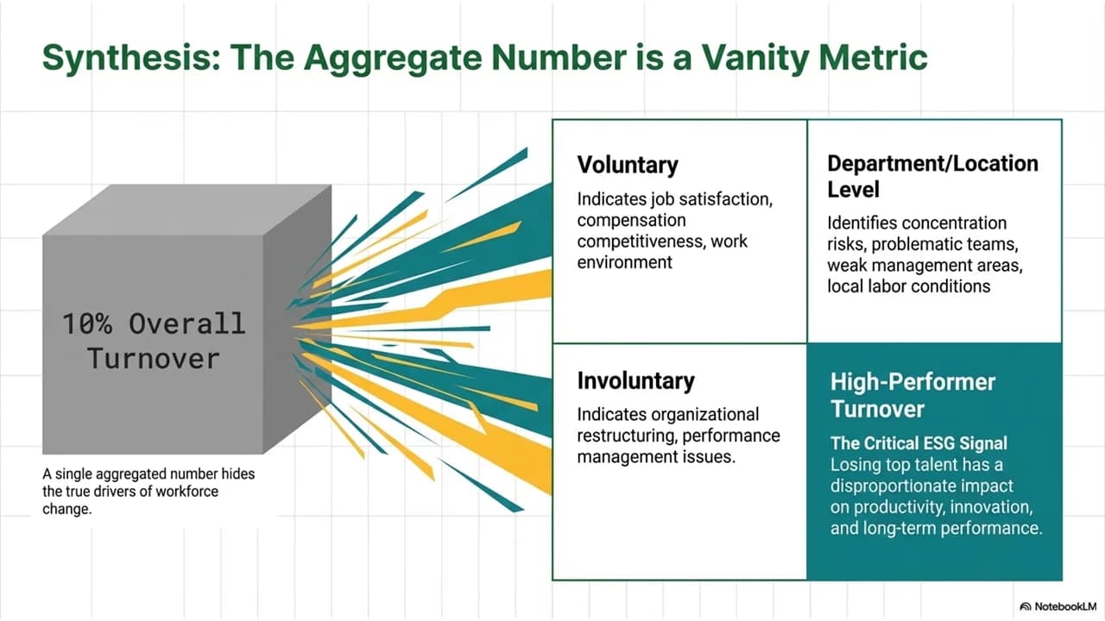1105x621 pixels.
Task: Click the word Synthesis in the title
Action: (131, 58)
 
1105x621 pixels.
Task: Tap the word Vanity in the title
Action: (755, 58)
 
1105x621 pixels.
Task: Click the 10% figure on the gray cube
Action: (87, 323)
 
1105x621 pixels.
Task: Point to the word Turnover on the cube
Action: (154, 358)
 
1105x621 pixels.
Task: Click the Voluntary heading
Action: (628, 165)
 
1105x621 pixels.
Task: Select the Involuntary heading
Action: (636, 381)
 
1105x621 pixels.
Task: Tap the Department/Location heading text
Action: (933, 164)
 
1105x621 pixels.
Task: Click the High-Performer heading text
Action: (912, 382)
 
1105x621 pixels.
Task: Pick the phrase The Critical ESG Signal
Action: (919, 443)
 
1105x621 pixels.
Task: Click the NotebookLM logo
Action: (1058, 606)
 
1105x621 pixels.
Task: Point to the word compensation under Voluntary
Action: (631, 220)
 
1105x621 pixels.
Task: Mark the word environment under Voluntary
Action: (624, 263)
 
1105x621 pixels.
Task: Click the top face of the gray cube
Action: (187, 210)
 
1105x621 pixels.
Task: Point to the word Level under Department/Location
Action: (854, 190)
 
